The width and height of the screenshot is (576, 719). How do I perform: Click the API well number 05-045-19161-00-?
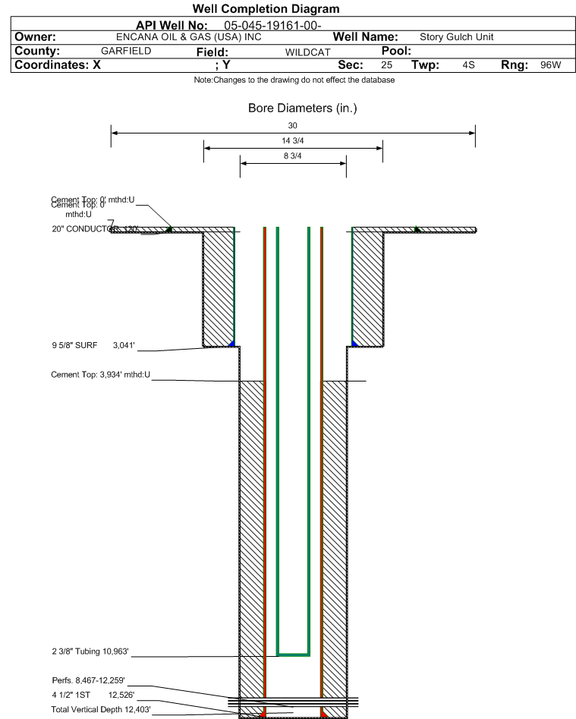(x=273, y=25)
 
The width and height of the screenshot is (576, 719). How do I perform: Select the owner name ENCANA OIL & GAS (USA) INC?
(x=188, y=36)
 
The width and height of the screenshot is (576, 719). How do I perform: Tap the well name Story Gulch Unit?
(x=456, y=37)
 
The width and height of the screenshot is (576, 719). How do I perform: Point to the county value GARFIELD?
(x=126, y=51)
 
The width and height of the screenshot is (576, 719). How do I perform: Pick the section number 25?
(x=386, y=65)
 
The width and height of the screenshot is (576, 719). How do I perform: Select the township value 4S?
(x=468, y=65)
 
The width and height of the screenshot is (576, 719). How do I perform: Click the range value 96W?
(x=550, y=65)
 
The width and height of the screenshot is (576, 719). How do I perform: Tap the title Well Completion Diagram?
(x=266, y=9)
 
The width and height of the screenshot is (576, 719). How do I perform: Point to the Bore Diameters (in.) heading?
(x=302, y=108)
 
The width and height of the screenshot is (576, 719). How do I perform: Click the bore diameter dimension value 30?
(x=293, y=125)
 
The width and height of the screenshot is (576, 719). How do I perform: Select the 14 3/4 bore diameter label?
(x=293, y=141)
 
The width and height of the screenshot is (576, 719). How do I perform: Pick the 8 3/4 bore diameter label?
(x=293, y=156)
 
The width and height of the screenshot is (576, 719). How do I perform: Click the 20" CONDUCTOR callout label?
(x=84, y=228)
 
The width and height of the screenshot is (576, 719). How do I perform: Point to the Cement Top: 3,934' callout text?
(x=100, y=375)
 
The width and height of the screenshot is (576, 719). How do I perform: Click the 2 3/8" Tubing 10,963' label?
(x=90, y=651)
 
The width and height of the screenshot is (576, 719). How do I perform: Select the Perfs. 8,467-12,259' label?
(x=87, y=680)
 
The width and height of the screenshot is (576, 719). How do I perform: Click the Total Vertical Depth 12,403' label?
(x=100, y=708)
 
